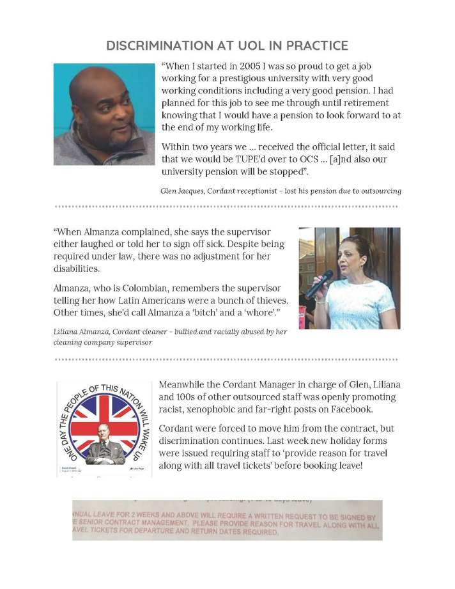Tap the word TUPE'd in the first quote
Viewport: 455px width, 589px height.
pos(264,159)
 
